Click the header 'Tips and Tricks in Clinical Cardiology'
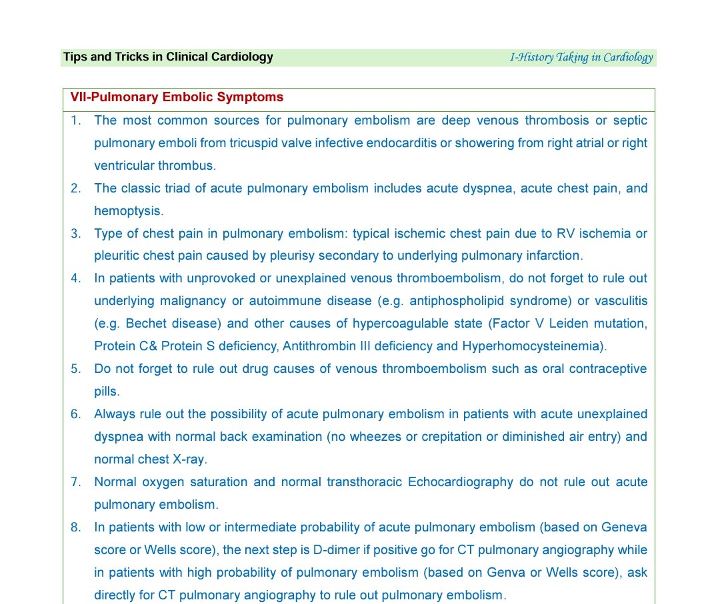click(x=168, y=57)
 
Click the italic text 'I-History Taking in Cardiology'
click(x=581, y=57)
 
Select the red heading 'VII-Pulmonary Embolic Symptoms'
click(x=177, y=97)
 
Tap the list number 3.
click(x=76, y=234)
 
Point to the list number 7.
click(x=76, y=482)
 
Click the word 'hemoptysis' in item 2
click(x=127, y=211)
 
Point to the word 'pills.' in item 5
click(x=107, y=392)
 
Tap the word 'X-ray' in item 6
click(x=191, y=459)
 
